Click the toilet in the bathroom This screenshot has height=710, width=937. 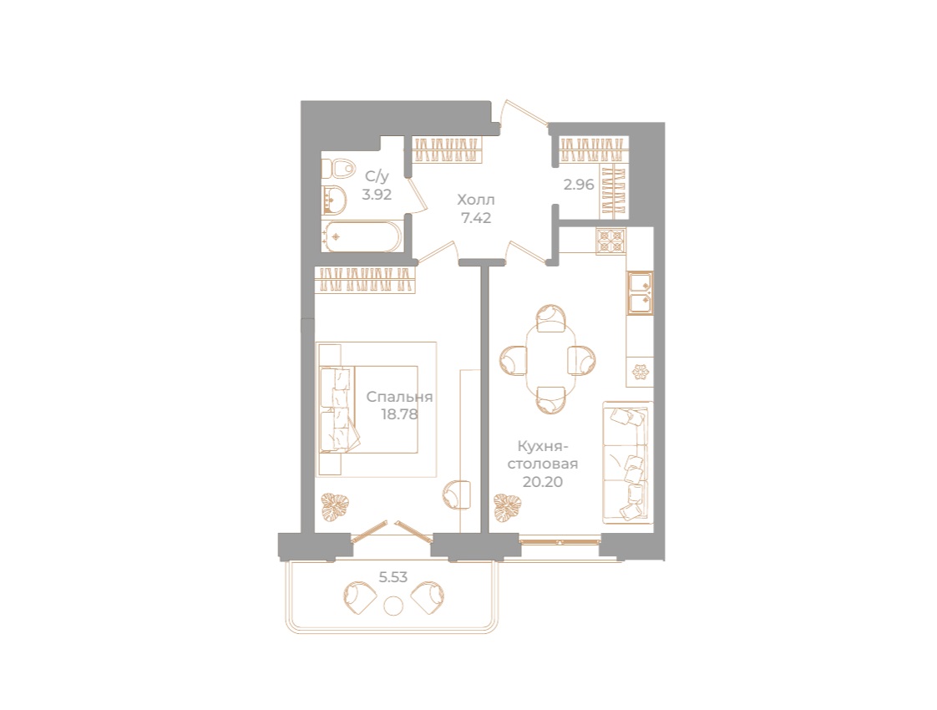coord(337,169)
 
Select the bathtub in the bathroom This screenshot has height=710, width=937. coord(362,236)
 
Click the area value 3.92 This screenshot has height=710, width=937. coord(377,195)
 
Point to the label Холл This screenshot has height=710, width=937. coord(476,199)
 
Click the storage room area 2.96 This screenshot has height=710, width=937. coord(579,185)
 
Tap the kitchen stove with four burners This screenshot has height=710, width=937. coord(610,241)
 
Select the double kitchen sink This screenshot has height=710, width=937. coord(640,293)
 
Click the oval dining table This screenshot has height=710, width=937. coord(550,359)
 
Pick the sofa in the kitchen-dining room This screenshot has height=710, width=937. coord(627,464)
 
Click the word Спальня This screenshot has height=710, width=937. coord(399,396)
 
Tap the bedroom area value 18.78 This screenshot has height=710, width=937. coord(399,414)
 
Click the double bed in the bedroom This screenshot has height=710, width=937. coord(368,409)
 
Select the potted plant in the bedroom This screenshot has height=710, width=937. coord(335,507)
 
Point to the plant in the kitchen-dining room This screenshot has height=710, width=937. coord(508,507)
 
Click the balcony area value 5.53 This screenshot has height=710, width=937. coord(393,576)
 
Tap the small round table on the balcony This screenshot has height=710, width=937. coord(393,606)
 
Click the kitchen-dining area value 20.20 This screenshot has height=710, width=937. coord(543,482)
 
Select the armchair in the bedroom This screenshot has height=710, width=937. coord(457,494)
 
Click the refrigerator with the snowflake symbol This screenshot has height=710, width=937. coord(640,372)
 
